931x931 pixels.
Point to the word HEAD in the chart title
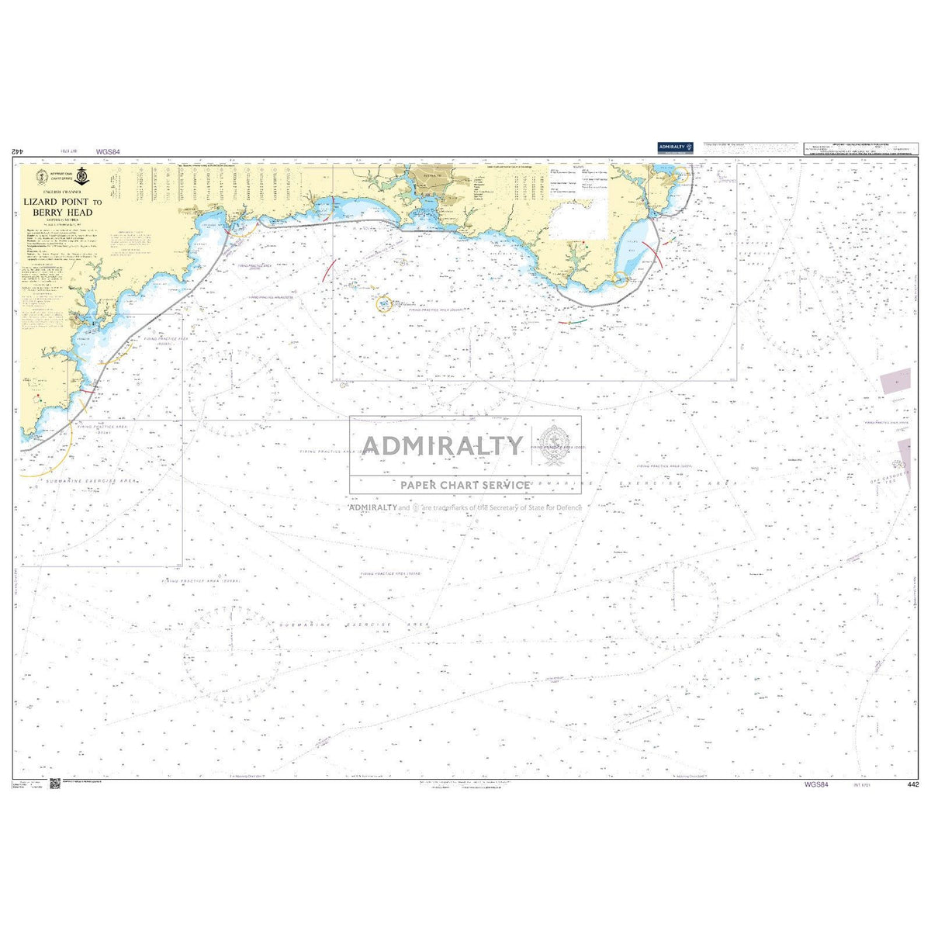pyautogui.click(x=81, y=212)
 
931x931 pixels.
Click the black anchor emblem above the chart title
pyautogui.click(x=81, y=175)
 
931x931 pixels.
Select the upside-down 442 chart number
pyautogui.click(x=19, y=153)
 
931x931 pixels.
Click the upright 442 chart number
pyautogui.click(x=912, y=784)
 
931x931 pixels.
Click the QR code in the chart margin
pyautogui.click(x=54, y=784)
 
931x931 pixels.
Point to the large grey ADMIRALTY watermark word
pyautogui.click(x=443, y=445)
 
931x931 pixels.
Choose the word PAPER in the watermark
pyautogui.click(x=419, y=485)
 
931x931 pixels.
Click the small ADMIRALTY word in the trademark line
pyautogui.click(x=373, y=507)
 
